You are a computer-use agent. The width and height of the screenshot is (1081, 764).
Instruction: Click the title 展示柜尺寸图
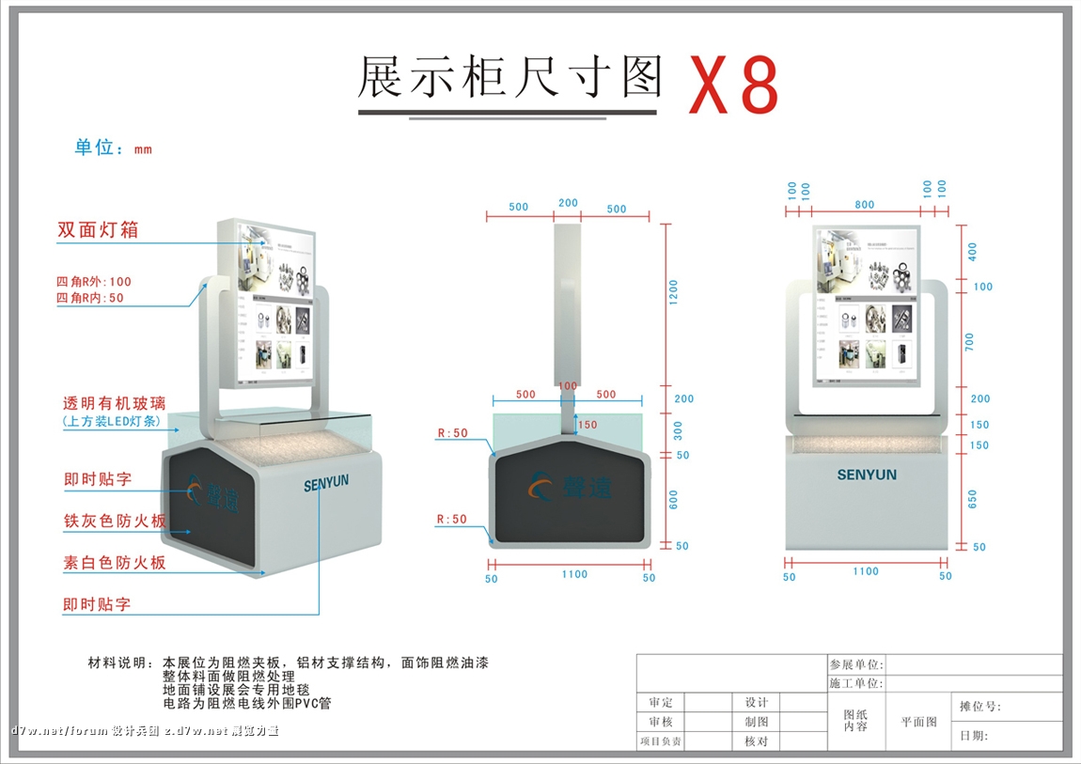click(510, 77)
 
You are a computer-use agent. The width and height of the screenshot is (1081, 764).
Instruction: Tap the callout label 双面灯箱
click(98, 230)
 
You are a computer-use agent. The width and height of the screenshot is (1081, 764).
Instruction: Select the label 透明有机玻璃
click(113, 403)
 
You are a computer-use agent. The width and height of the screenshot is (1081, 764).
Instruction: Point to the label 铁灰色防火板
click(115, 521)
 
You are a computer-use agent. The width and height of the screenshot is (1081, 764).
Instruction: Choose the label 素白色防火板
click(115, 562)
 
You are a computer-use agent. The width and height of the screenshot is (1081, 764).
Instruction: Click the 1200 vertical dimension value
click(673, 293)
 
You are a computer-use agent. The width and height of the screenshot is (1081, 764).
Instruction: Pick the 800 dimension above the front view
click(865, 205)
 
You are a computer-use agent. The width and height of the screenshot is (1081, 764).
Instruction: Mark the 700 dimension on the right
click(970, 341)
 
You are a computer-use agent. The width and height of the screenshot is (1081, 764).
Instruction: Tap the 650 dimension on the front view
click(972, 498)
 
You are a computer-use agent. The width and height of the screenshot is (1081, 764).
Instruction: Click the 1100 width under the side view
click(574, 574)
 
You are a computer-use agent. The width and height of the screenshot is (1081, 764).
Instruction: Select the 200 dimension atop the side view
click(568, 203)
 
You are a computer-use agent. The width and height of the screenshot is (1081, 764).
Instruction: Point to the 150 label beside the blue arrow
click(587, 425)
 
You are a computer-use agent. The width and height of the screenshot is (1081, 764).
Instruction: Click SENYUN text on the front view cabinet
click(867, 476)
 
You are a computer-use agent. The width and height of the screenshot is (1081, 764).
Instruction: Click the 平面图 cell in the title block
click(918, 722)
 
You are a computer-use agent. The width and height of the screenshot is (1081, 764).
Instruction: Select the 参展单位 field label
click(855, 663)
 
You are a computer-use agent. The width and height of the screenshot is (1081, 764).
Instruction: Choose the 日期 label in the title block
click(973, 736)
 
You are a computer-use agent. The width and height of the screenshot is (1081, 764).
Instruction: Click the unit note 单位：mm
click(113, 148)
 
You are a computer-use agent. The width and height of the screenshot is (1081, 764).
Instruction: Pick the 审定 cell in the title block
click(661, 702)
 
